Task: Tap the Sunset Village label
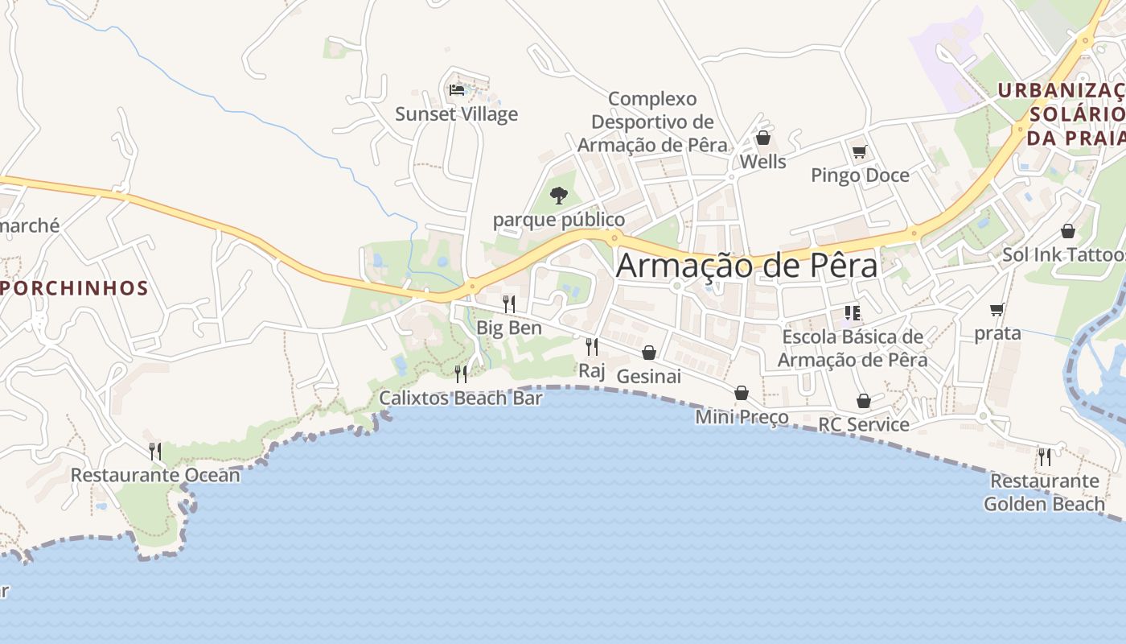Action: point(456,114)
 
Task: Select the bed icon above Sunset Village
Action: point(457,89)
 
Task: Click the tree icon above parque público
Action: point(558,195)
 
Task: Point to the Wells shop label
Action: point(762,162)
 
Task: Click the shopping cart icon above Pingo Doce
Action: point(859,151)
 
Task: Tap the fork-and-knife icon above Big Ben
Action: point(508,303)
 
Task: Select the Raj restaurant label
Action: point(591,370)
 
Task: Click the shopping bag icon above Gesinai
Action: point(649,353)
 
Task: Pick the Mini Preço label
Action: point(742,417)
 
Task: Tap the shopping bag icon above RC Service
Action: point(863,401)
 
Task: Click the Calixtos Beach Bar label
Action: point(461,398)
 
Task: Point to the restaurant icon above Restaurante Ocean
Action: point(155,451)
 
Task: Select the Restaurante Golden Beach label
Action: point(1044,493)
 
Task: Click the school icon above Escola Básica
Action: point(852,312)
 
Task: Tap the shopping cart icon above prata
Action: point(997,309)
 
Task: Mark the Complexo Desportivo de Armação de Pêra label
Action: point(652,122)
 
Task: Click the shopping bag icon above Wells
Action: point(762,138)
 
